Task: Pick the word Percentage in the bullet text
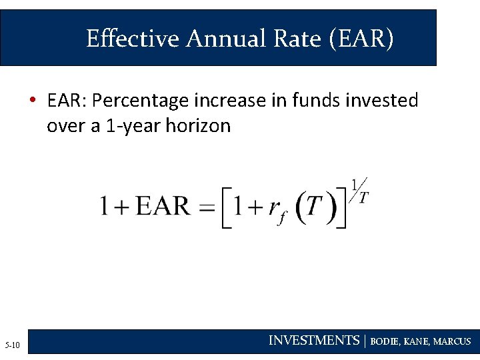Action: point(141,101)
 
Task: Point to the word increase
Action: point(231,101)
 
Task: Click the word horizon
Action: point(198,126)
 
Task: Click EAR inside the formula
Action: point(163,205)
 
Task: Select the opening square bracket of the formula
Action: point(225,208)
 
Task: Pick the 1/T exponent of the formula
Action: point(360,191)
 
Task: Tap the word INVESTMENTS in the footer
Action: point(313,341)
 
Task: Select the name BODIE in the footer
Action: point(385,341)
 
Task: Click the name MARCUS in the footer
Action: point(452,341)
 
